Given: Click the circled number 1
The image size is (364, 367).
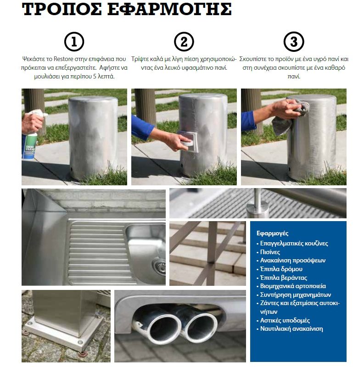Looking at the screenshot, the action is pyautogui.click(x=74, y=42).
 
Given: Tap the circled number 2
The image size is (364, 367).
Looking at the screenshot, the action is pyautogui.click(x=184, y=42).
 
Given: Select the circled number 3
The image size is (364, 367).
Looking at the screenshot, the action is pyautogui.click(x=294, y=42).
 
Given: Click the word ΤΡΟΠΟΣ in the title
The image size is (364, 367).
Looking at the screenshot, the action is pyautogui.click(x=62, y=10).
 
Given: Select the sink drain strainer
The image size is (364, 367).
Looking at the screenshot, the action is pyautogui.click(x=160, y=266).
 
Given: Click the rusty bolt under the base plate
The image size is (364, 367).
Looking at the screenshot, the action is pyautogui.click(x=83, y=354).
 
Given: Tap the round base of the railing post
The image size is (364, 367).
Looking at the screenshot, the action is pyautogui.click(x=258, y=211).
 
